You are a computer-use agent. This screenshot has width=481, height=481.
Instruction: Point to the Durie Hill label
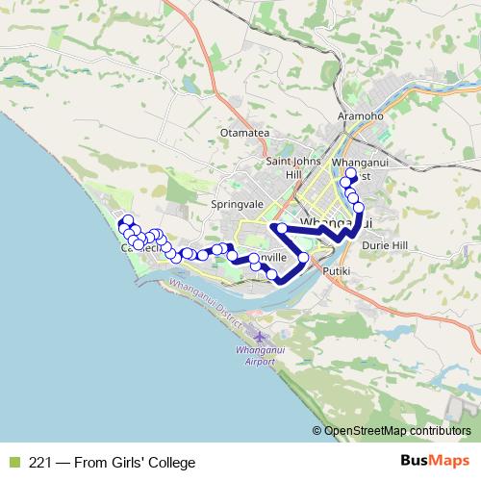coord(386,245)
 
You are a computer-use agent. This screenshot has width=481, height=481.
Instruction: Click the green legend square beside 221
coord(13,462)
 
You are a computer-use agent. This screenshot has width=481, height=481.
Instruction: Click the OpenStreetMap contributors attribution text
coord(396,431)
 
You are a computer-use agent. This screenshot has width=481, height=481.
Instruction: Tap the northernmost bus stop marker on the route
coord(351,174)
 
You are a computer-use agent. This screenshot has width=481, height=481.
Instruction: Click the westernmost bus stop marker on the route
coord(123,223)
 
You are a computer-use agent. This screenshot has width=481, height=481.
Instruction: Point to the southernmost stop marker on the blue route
coord(272,276)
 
